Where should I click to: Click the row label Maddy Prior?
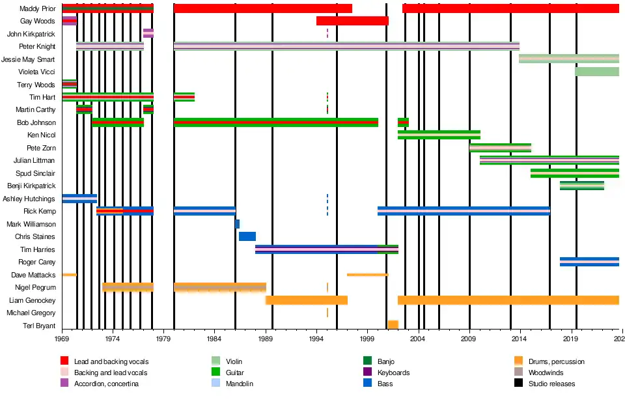point(38,8)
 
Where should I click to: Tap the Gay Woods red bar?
point(352,21)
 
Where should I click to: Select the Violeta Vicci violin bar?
point(596,72)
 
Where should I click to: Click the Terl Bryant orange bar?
point(393,325)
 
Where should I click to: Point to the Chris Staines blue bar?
point(247,236)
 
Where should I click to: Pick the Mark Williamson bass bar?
point(237,224)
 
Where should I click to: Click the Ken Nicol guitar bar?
point(439,135)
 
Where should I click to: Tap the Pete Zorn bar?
point(500,148)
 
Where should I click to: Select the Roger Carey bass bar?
point(589,262)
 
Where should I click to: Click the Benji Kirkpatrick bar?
point(581,186)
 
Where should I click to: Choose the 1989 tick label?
point(266,339)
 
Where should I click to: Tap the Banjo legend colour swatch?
point(368,361)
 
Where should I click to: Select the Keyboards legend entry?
point(393,372)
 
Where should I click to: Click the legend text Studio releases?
point(552,384)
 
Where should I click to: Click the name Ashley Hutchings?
point(29,199)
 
